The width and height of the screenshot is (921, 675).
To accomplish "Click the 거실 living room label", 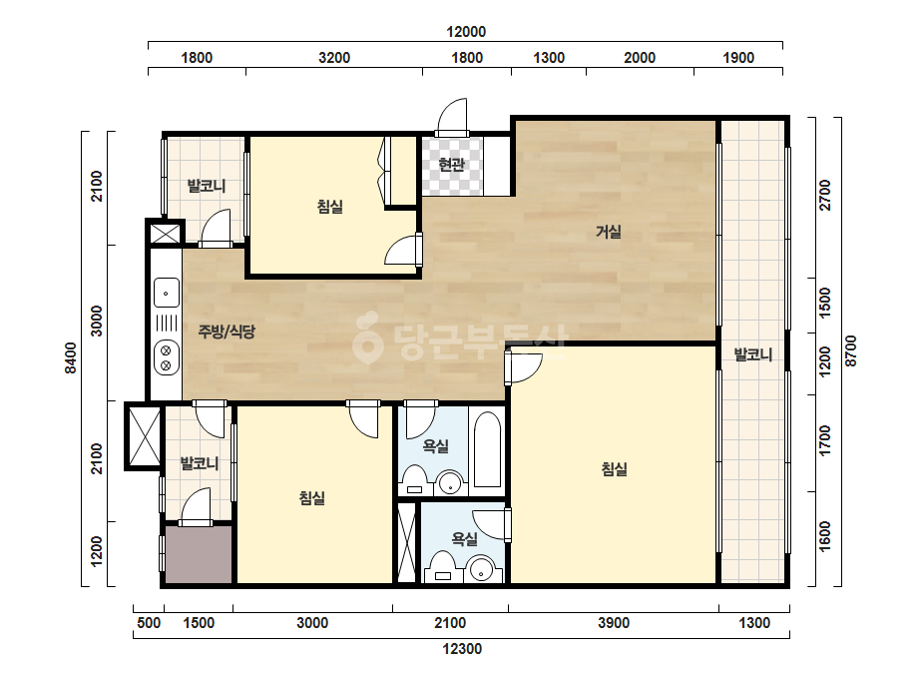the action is (609, 232).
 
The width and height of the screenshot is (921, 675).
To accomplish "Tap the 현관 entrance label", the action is (451, 164).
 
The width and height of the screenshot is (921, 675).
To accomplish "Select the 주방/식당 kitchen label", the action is (227, 332).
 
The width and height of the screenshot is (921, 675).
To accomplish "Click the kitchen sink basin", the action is (167, 293).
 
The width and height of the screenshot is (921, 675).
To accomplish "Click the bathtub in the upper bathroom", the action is (488, 449).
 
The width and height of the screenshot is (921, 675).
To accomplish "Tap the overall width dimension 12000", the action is (466, 32).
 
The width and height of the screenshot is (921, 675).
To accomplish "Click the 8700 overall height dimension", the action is (851, 351).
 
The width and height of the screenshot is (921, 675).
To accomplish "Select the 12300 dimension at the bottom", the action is (462, 649).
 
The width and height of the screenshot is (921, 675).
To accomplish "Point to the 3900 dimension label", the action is (614, 623).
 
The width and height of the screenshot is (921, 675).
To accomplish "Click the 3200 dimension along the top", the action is (334, 58).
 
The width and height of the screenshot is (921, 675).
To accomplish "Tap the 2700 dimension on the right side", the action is (825, 195).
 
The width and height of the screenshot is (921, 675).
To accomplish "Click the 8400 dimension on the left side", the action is (71, 357).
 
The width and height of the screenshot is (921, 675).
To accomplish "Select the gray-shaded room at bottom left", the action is (199, 554).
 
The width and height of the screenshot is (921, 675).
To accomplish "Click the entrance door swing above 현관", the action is (452, 115).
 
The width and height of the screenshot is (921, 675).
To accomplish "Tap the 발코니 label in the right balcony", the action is (753, 355).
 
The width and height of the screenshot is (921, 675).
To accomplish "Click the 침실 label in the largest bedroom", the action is (614, 468).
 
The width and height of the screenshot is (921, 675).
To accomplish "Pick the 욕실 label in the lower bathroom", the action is (464, 538).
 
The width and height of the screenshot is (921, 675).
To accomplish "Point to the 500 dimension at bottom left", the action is (149, 623).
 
